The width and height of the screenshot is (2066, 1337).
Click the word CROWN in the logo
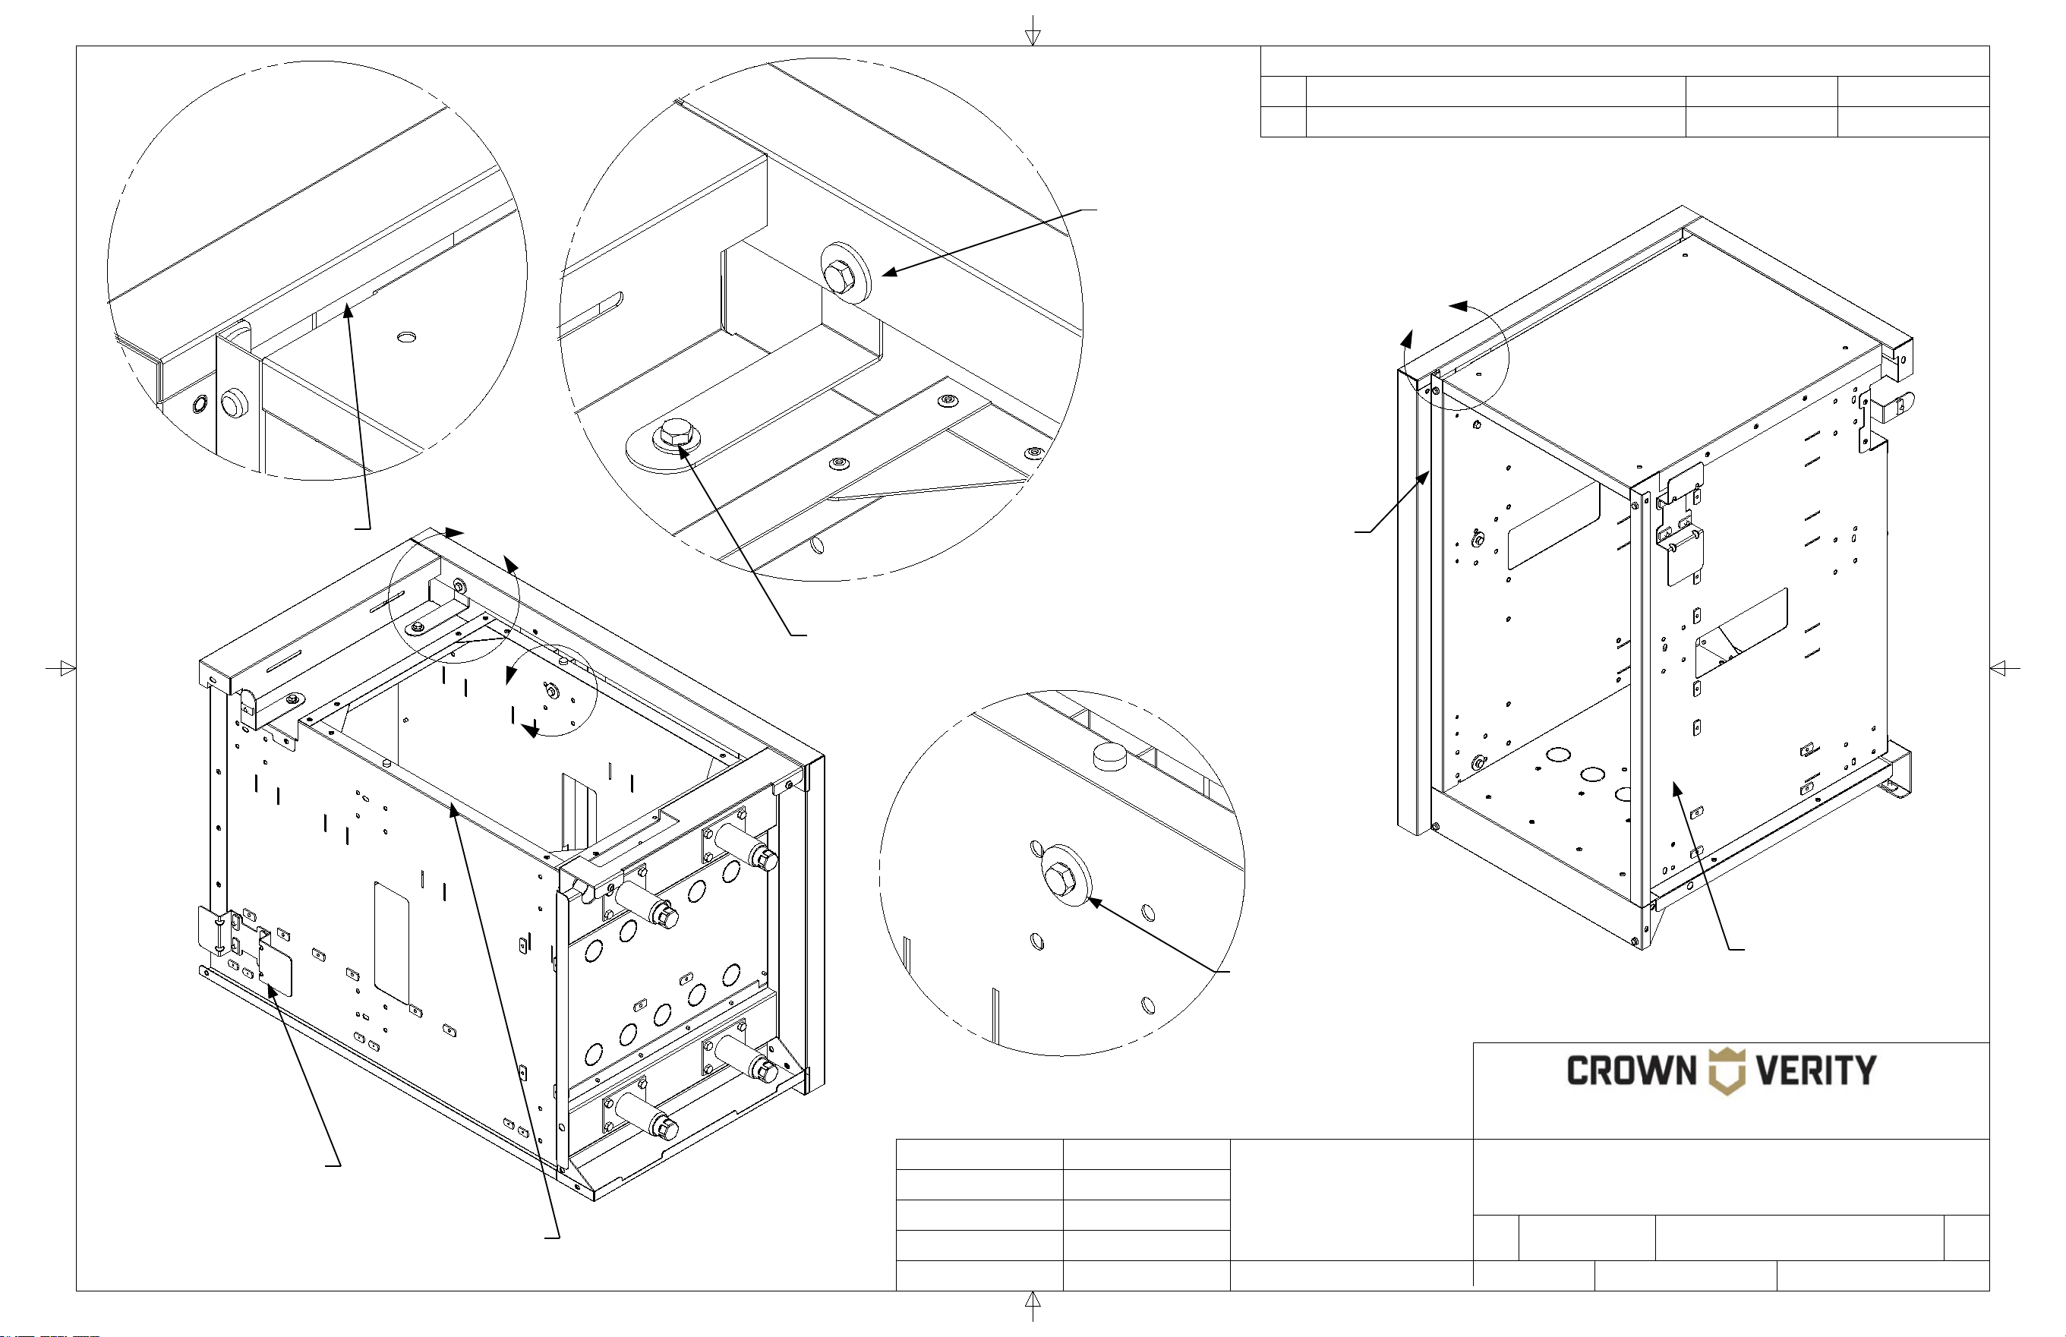pyautogui.click(x=1631, y=1071)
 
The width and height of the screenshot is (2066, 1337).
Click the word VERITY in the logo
pyautogui.click(x=1816, y=1071)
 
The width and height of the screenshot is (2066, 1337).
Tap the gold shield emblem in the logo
pyautogui.click(x=1727, y=1071)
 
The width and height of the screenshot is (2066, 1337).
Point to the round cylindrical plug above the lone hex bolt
pyautogui.click(x=1109, y=756)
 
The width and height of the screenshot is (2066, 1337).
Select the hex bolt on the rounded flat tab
pyautogui.click(x=673, y=434)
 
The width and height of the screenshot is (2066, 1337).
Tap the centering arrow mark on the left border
pyautogui.click(x=62, y=668)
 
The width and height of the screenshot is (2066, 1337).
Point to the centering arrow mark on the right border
pyautogui.click(x=2004, y=668)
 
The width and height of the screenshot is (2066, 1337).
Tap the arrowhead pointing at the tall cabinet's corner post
pyautogui.click(x=1424, y=478)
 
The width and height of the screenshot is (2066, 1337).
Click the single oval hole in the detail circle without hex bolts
pyautogui.click(x=406, y=337)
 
